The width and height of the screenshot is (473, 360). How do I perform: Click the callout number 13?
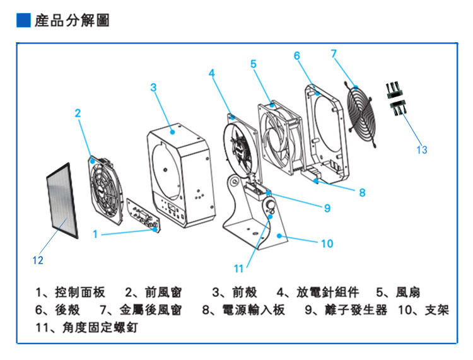pyautogui.click(x=422, y=150)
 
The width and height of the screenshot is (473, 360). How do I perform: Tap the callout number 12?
pyautogui.click(x=38, y=259)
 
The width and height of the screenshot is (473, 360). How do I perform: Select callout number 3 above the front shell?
pyautogui.click(x=153, y=88)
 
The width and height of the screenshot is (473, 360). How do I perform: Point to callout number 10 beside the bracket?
pyautogui.click(x=327, y=243)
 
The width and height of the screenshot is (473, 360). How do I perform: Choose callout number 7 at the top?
pyautogui.click(x=334, y=53)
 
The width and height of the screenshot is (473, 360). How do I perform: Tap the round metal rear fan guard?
pyautogui.click(x=359, y=113)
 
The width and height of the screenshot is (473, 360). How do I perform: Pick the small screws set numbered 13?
pyautogui.click(x=395, y=98)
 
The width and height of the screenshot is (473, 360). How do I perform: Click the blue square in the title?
pyautogui.click(x=23, y=21)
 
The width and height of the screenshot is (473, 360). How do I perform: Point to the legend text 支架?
pyautogui.click(x=439, y=310)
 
